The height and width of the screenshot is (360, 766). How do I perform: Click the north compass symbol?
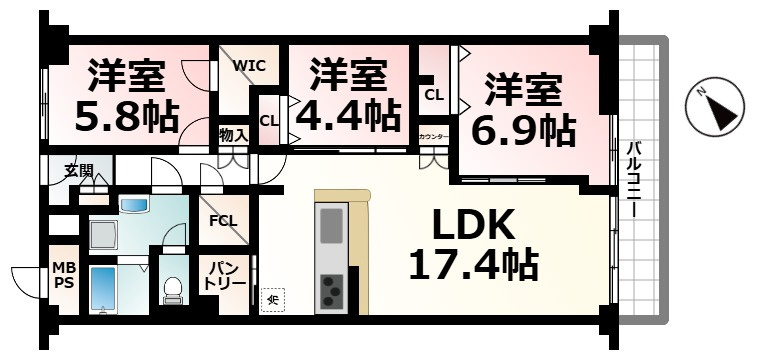(714, 108)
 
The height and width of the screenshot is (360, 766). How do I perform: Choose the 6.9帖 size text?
(522, 129)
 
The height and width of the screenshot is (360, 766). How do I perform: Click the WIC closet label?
(249, 65)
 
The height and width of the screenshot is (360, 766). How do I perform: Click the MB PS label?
(63, 277)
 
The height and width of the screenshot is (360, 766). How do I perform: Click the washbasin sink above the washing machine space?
(133, 205)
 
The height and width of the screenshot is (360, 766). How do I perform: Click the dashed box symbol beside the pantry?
(273, 296)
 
